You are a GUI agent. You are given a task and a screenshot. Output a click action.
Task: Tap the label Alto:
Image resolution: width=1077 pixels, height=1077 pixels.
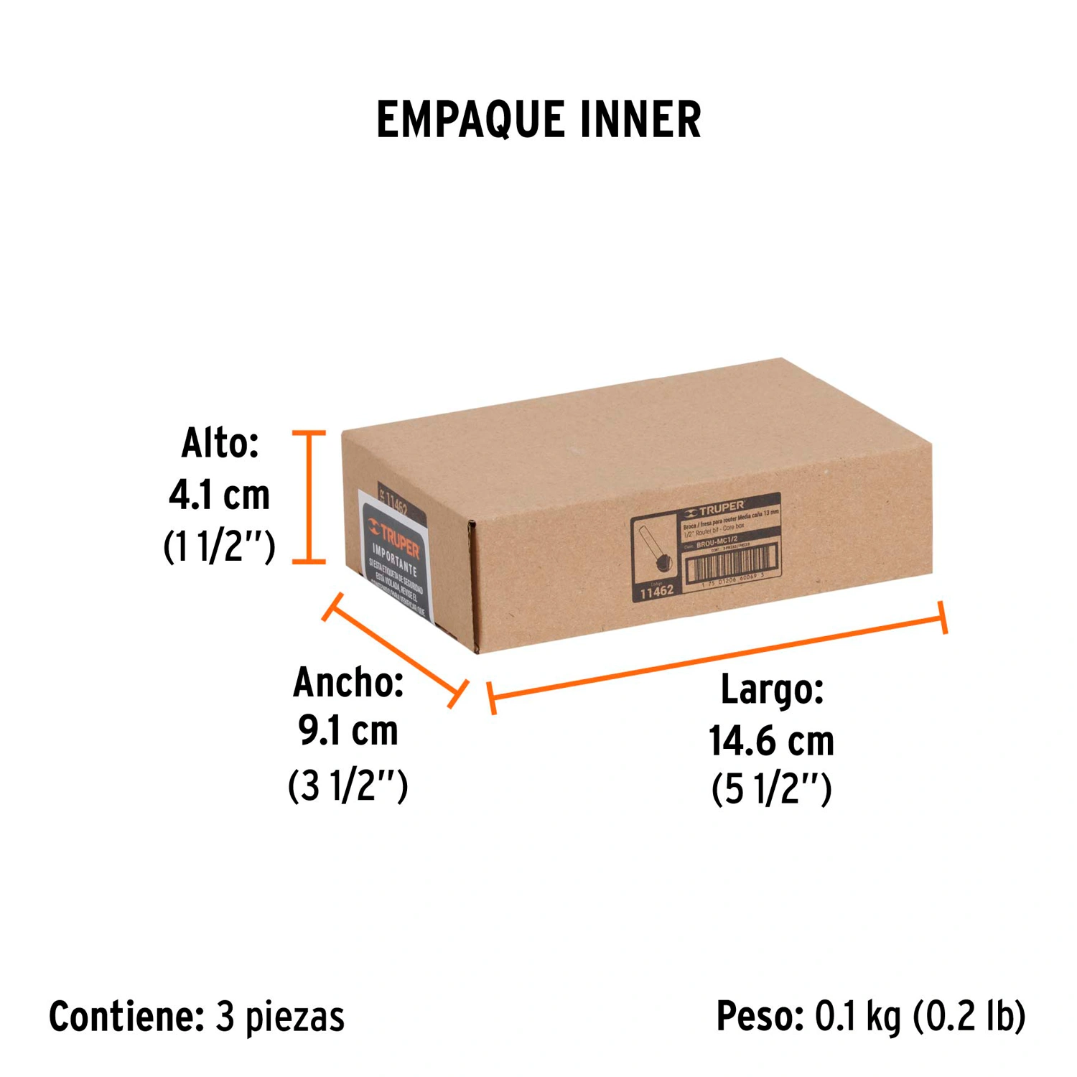pos(220,443)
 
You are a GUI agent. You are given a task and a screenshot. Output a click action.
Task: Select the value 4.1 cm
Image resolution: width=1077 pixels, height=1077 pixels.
pos(220,495)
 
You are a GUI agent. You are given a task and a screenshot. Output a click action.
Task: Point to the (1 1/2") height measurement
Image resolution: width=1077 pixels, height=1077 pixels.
pos(220,547)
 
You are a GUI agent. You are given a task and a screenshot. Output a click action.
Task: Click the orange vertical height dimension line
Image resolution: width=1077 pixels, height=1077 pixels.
pos(309,497)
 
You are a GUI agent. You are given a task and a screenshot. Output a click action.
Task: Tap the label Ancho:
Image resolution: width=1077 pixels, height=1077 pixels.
pos(348,682)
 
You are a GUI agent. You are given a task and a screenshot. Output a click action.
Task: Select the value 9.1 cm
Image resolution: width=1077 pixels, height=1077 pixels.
pos(348,732)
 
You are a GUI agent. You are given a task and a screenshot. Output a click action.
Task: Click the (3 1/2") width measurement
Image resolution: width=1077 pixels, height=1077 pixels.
pos(348,785)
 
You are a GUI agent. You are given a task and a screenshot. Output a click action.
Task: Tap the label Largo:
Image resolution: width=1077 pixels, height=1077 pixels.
pos(772,689)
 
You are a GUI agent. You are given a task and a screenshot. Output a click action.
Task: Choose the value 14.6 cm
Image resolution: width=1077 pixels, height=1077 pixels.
pos(772,741)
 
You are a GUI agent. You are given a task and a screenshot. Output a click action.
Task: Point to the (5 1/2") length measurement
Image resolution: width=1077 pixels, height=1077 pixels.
pos(772,789)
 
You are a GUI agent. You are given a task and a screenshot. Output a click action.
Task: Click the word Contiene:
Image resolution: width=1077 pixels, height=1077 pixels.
pos(126,1017)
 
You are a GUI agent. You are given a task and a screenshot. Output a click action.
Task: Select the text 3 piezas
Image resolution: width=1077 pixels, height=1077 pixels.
pos(280,1017)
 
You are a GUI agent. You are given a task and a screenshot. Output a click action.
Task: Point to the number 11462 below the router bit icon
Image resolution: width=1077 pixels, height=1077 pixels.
pos(656,592)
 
